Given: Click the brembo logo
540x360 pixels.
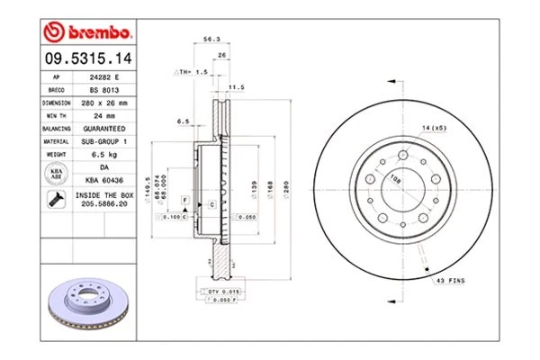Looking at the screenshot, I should (x=88, y=33).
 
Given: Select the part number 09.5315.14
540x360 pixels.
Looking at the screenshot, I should (x=87, y=59).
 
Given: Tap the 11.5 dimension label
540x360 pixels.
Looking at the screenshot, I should (x=237, y=87).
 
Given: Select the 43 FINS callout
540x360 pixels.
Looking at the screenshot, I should (x=450, y=283).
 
